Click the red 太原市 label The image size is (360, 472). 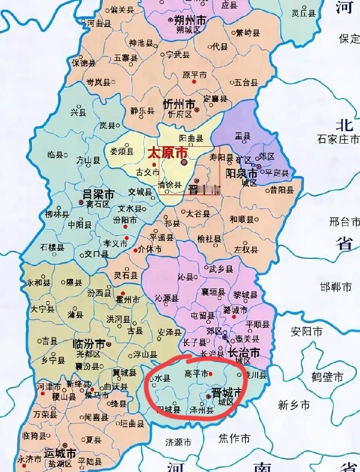(167, 153)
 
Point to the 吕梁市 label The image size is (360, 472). (99, 195)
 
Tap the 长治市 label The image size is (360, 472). (242, 353)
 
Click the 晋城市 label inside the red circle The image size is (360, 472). (226, 392)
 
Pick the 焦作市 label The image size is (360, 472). (234, 439)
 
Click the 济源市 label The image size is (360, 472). (177, 442)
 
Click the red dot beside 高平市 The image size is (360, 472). (211, 374)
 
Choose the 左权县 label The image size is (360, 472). (246, 250)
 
